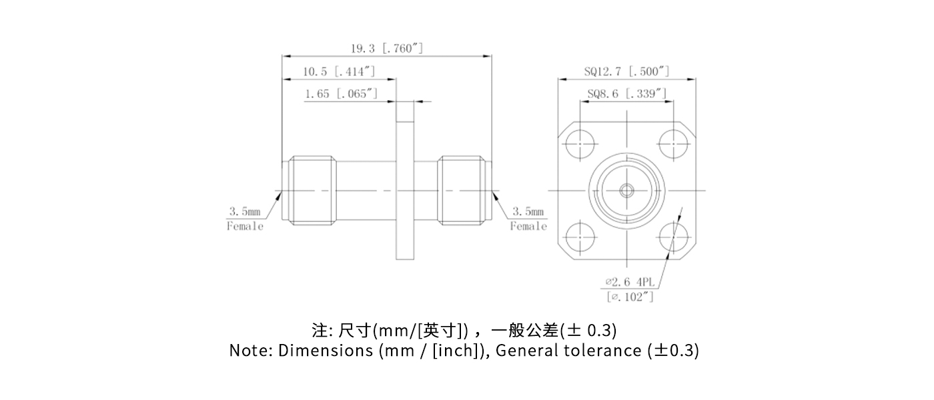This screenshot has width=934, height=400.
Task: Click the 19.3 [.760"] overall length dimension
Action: [x=387, y=49]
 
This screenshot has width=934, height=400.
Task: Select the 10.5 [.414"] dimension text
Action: [x=339, y=71]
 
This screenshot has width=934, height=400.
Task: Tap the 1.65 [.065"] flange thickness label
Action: [x=341, y=94]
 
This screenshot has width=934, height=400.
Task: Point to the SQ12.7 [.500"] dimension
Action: [x=626, y=71]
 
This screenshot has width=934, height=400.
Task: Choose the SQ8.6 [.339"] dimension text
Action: [x=626, y=94]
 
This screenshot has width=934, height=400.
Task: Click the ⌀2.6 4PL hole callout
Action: [x=629, y=282]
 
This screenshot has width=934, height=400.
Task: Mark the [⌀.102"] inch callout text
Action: [x=630, y=297]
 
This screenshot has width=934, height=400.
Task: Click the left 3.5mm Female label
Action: [x=246, y=219]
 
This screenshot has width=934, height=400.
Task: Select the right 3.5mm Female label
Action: [x=528, y=219]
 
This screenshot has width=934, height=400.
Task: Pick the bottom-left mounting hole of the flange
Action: [x=580, y=238]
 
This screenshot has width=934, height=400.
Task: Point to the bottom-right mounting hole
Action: [x=673, y=238]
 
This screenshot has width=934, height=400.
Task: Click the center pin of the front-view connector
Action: [x=626, y=191]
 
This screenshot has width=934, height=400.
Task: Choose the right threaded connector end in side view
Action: [x=462, y=191]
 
